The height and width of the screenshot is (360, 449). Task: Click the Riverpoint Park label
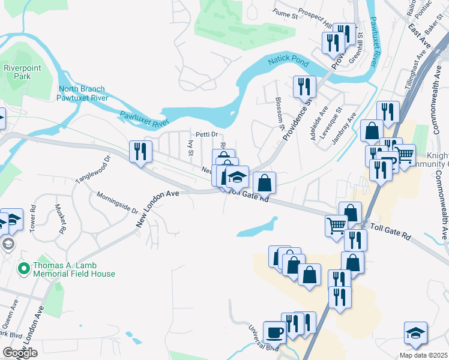[x=22, y=72]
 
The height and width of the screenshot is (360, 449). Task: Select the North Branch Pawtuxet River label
[x=83, y=93]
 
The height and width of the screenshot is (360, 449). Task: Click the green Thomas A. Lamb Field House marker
[x=24, y=268]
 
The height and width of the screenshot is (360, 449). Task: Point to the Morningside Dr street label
[x=118, y=203]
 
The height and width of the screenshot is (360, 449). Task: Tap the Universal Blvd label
[x=264, y=338]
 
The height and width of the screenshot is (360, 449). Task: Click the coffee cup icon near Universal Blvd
[x=275, y=331]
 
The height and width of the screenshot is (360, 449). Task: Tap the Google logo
[x=20, y=353]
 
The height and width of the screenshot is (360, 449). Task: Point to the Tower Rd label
[x=33, y=220]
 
